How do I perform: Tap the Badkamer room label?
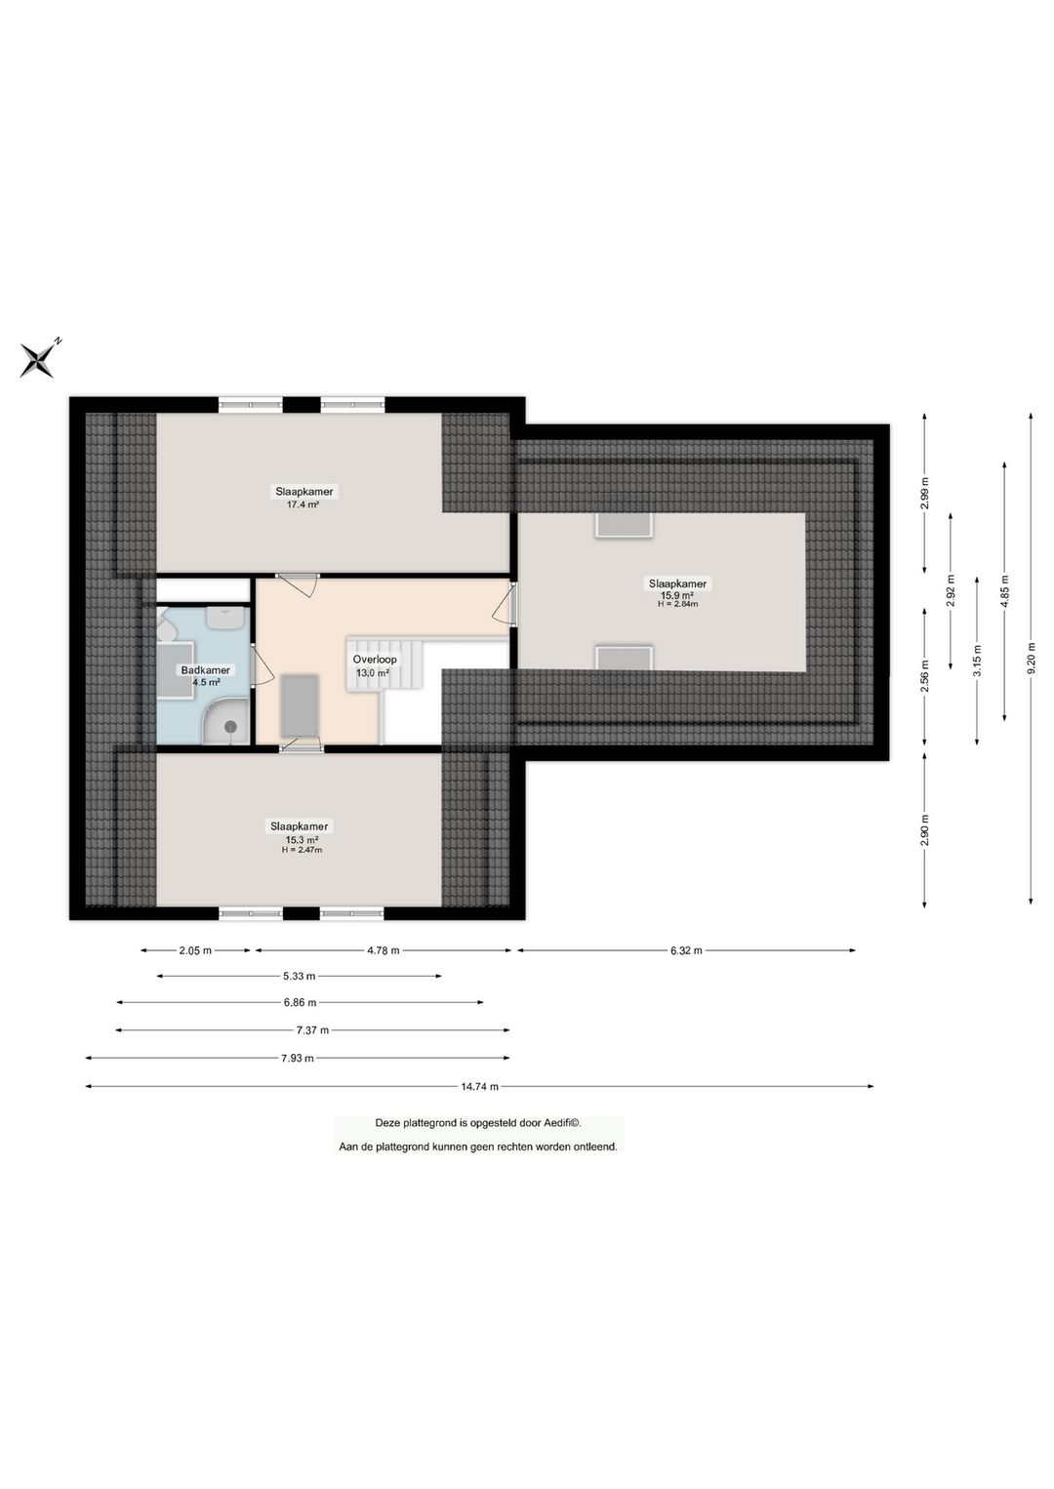click(x=206, y=670)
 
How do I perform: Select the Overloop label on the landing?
click(x=374, y=660)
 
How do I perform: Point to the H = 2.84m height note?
click(x=677, y=604)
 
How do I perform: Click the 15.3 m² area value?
click(x=302, y=839)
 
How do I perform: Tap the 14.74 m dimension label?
click(x=479, y=1086)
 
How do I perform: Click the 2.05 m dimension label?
click(x=195, y=950)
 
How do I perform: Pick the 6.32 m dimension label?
click(x=686, y=950)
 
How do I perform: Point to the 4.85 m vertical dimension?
click(x=1004, y=591)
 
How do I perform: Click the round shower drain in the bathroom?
click(x=231, y=726)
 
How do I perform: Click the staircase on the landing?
click(x=385, y=664)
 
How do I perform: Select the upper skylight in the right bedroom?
click(x=624, y=525)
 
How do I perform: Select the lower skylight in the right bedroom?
click(x=624, y=658)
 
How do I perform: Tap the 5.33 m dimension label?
click(x=299, y=976)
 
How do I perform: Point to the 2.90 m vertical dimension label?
click(x=925, y=830)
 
